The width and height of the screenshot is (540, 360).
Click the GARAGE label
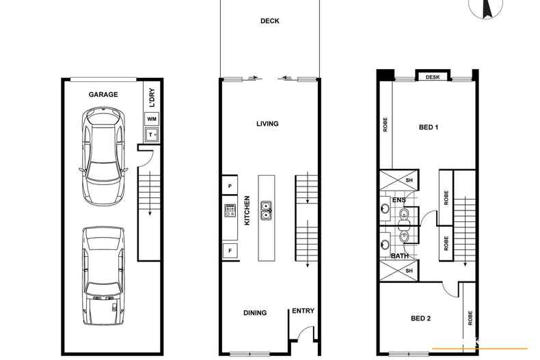click(x=103, y=94)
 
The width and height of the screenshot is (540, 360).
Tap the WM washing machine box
click(x=152, y=119)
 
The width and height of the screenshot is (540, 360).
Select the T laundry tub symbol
click(x=151, y=135)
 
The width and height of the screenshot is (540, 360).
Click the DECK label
click(x=269, y=21)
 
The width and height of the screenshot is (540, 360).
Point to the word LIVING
click(x=267, y=124)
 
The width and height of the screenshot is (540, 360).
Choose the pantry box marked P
click(x=230, y=186)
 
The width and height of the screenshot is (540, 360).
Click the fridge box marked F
click(x=230, y=251)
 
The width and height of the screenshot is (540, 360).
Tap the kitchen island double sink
click(x=266, y=210)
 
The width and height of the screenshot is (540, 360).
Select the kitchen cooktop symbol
click(x=230, y=210)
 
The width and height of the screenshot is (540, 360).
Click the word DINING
click(x=255, y=313)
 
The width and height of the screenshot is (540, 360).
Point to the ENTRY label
click(x=303, y=311)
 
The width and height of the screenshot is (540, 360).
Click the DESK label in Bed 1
click(x=433, y=77)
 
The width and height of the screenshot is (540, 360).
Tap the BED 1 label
click(x=429, y=127)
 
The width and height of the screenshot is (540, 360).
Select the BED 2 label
click(x=420, y=318)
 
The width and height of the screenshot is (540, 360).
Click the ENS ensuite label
click(x=399, y=200)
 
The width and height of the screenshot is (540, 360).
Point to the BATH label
click(x=399, y=256)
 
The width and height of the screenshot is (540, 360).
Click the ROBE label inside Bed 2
click(x=470, y=318)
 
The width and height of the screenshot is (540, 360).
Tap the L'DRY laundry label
click(x=152, y=98)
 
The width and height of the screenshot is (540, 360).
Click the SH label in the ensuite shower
click(x=409, y=180)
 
